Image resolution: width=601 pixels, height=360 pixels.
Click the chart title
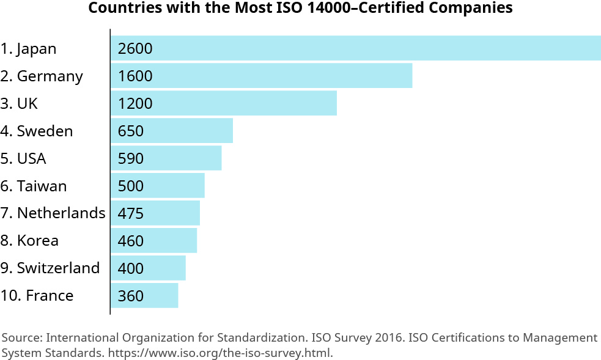click(300, 9)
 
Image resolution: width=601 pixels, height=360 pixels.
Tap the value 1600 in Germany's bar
click(135, 76)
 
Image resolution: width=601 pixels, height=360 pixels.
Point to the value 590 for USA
click(131, 159)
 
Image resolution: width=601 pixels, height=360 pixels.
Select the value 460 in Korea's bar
click(131, 241)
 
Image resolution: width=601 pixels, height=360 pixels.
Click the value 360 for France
click(131, 296)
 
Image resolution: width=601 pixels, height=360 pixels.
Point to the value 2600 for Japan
click(135, 49)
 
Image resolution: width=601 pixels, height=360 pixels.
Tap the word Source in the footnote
click(21, 338)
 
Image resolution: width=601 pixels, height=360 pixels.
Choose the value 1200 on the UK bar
click(135, 104)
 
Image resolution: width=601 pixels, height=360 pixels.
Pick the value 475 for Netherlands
click(131, 214)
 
